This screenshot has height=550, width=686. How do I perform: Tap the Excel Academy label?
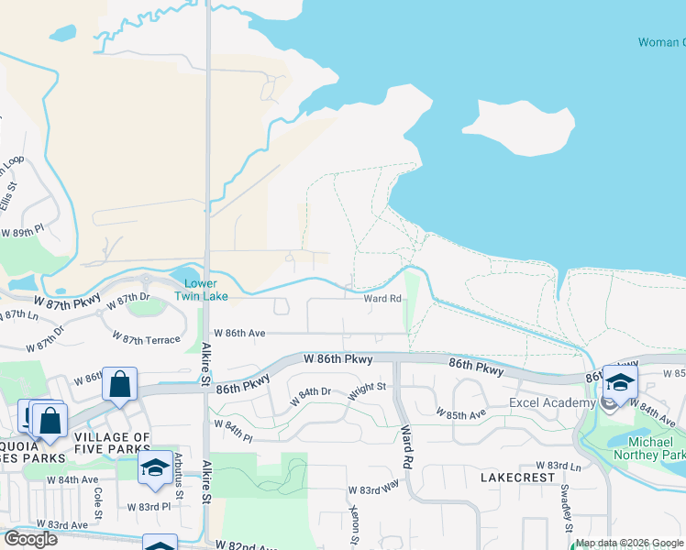point(555,403)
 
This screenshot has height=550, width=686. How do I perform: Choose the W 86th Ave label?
point(239,334)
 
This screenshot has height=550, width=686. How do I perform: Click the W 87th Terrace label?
point(150,340)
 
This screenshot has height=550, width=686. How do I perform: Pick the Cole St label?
point(98,500)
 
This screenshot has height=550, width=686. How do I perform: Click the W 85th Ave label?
point(465,413)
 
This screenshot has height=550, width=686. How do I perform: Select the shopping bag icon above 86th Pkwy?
point(120,385)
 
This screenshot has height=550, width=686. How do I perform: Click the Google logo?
point(30,539)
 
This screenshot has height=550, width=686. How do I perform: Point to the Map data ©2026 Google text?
point(629,543)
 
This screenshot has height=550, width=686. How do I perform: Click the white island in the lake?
point(518,127)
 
